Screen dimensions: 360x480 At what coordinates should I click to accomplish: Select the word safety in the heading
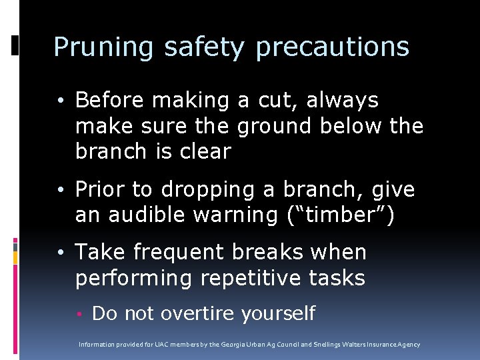pyautogui.click(x=205, y=47)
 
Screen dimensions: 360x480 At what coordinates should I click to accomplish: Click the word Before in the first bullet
pyautogui.click(x=109, y=100)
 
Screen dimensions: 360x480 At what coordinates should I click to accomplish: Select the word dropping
pyautogui.click(x=215, y=191)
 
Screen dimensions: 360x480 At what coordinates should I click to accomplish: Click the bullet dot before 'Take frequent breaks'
pyautogui.click(x=61, y=253)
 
